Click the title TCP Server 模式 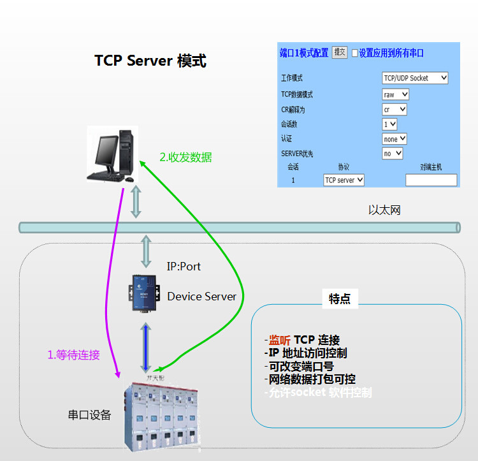point(150,61)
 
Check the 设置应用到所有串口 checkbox point(355,53)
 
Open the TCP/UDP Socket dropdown point(415,78)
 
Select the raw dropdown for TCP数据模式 point(395,94)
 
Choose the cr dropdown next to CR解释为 point(395,110)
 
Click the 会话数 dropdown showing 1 point(390,124)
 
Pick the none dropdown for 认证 point(395,139)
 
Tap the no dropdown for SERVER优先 point(393,154)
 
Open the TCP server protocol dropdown point(344,180)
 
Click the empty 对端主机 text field point(431,180)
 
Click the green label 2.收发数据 point(185,157)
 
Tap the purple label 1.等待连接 point(74,355)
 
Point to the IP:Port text point(184,266)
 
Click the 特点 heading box point(340,299)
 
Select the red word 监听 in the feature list point(279,340)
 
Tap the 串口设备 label point(89,415)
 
